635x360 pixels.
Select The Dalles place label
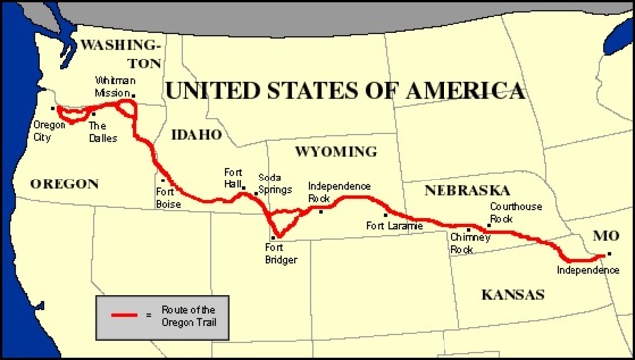[102, 132]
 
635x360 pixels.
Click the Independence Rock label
[338, 191]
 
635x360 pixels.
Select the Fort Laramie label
[394, 226]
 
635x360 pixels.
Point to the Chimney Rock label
[463, 244]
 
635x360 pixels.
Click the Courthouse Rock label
[514, 212]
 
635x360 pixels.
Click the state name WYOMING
[335, 152]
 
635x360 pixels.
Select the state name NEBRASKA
[466, 189]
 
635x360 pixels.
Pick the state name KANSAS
[512, 295]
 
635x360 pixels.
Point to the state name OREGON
[64, 183]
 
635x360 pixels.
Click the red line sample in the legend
[123, 314]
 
